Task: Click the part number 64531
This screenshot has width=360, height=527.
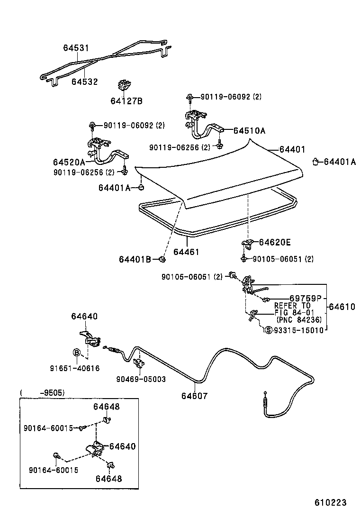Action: pos(76,48)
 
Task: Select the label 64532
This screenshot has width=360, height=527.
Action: pos(84,82)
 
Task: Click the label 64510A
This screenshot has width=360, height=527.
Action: pos(249,130)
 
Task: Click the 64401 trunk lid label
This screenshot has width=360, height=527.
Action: pos(292,149)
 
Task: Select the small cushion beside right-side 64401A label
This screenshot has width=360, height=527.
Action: pos(315,162)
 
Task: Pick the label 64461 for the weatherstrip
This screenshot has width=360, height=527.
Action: pos(186,252)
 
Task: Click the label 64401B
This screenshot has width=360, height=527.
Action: pos(135,259)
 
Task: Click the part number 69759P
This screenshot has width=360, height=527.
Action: pos(306,298)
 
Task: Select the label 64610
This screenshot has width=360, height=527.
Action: pos(342,307)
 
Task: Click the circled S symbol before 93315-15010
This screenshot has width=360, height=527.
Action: pos(269,330)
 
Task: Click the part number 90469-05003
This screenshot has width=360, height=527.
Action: pos(141,379)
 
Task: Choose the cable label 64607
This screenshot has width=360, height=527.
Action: pos(194,396)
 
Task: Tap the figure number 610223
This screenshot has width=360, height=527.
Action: pos(330,502)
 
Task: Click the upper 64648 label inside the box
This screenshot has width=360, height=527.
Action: pos(106,407)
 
